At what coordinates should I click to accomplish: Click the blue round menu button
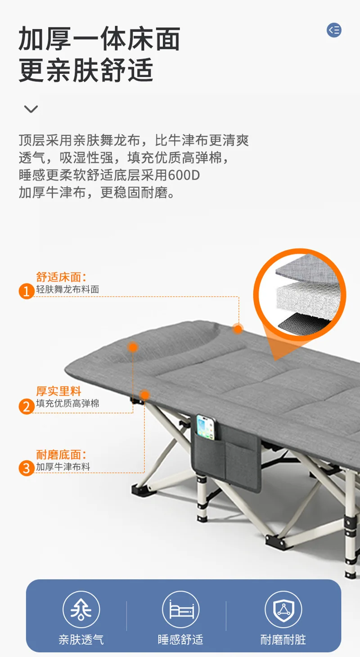tap(334, 30)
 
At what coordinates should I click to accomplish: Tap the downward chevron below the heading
tap(31, 109)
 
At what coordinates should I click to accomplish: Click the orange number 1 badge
tap(27, 291)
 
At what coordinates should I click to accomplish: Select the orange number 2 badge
tap(27, 406)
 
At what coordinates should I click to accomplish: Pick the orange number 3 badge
tap(27, 468)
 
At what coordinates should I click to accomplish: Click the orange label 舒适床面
tap(61, 277)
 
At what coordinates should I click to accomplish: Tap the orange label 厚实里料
tap(58, 391)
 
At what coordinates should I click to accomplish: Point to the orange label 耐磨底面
tap(61, 454)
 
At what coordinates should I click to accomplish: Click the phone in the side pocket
tap(206, 427)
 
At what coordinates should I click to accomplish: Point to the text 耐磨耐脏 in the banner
tap(283, 640)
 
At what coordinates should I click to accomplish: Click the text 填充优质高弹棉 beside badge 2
tap(68, 403)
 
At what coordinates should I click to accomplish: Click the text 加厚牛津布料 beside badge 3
tap(63, 467)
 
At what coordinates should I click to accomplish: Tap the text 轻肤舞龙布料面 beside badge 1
tap(68, 289)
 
